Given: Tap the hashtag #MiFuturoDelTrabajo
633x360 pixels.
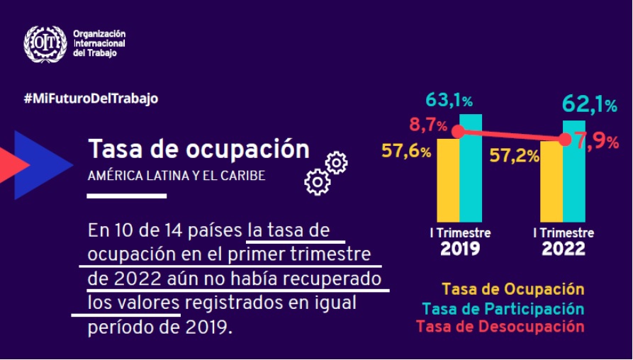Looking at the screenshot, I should coord(91,99).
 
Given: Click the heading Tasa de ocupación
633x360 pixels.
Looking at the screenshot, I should coord(198,150).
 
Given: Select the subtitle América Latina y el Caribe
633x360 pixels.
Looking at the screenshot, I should coord(177,176).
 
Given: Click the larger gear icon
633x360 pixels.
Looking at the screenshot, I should coord(317,182).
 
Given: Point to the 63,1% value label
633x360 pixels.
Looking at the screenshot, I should coord(449,99).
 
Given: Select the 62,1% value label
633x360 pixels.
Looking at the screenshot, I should coord(589,105).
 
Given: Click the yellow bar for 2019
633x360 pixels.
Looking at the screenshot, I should coord(448,181).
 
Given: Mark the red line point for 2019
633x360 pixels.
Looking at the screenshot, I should coord(458,132).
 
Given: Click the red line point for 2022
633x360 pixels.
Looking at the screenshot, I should coord(564,140).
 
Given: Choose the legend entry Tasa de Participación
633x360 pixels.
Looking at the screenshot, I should coord(503,309).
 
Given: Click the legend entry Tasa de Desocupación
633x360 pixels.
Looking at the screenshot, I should coord(500,327).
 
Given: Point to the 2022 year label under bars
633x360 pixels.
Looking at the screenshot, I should coord(564,249).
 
